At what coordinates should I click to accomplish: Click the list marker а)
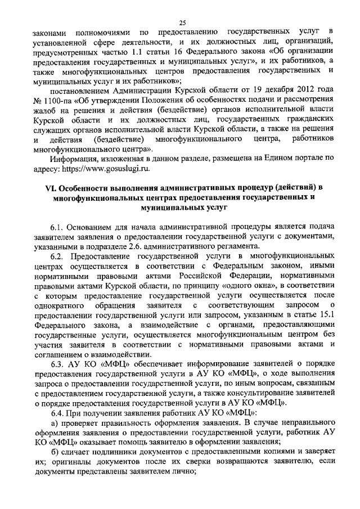55,422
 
